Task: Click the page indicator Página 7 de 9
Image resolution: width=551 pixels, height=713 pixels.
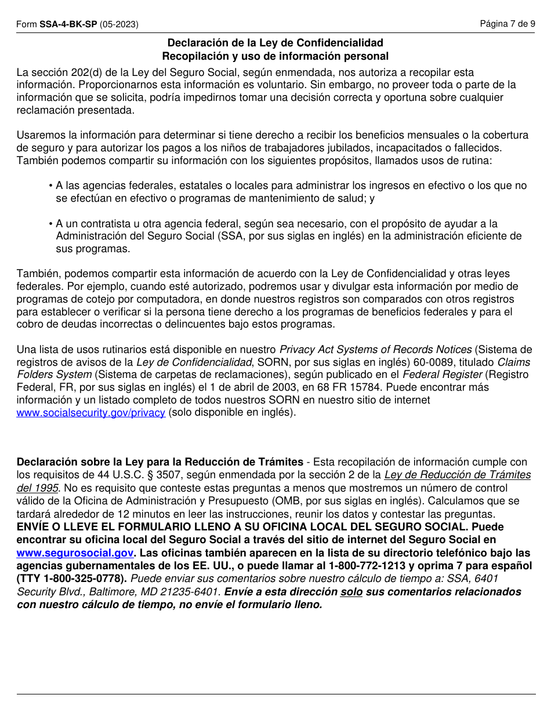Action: click(507, 24)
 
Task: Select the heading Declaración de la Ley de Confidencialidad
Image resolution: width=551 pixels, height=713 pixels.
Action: click(275, 43)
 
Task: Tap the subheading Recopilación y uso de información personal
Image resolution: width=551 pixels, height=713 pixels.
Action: click(275, 56)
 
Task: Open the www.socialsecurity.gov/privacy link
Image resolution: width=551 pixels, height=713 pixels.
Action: click(91, 413)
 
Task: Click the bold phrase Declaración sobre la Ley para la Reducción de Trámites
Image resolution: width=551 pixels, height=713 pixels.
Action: click(159, 462)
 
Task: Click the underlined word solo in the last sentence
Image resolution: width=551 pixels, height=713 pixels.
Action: click(351, 592)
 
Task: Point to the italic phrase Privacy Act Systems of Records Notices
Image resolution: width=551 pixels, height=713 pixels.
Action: click(375, 350)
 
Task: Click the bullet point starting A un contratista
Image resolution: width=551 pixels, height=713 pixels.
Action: click(284, 236)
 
